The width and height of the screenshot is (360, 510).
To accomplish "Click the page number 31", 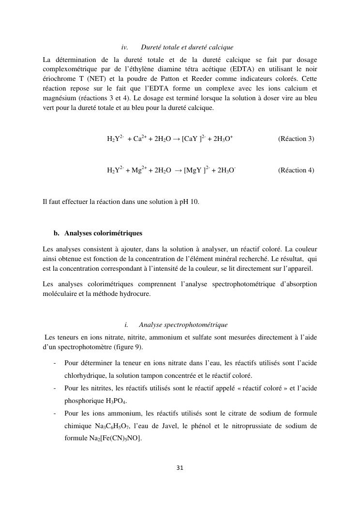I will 180,468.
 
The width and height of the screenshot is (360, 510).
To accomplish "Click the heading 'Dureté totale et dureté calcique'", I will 187,47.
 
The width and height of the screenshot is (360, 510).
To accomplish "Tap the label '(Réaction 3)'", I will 296,139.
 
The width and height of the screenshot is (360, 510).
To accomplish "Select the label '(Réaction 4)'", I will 296,170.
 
